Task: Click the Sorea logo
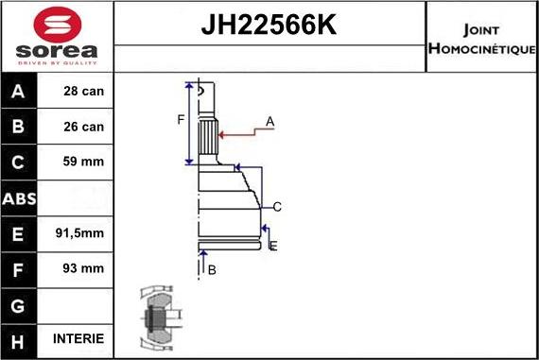coord(56,36)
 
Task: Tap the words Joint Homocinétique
coord(481,38)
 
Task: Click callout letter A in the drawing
coord(269,122)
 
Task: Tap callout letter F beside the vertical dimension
coord(180,119)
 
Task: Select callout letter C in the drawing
coord(277,207)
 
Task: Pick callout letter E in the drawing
coord(272,247)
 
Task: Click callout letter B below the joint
coord(212,270)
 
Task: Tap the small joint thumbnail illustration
coord(157,317)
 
